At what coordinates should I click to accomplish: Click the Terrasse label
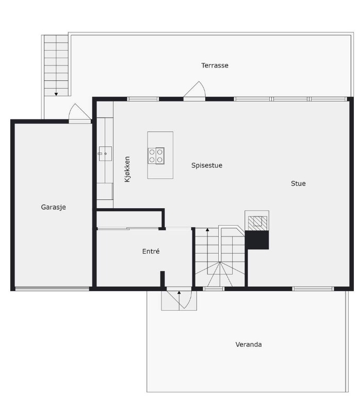(x=215, y=65)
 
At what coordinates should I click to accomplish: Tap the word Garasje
(x=54, y=207)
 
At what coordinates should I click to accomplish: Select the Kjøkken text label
(x=127, y=170)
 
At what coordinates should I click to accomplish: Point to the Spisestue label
(x=207, y=165)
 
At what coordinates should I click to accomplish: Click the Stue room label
(x=298, y=183)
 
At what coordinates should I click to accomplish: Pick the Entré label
(x=151, y=251)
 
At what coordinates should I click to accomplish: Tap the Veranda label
(x=249, y=344)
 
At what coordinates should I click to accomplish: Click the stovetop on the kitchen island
(x=156, y=156)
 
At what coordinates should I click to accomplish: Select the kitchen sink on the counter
(x=105, y=154)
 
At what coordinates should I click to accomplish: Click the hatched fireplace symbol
(x=257, y=223)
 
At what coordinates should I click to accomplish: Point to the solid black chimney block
(x=257, y=240)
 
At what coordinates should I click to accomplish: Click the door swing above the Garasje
(x=80, y=112)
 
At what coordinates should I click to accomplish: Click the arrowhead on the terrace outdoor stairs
(x=56, y=94)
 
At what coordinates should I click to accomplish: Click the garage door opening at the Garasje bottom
(x=52, y=289)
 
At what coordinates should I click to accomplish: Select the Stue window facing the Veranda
(x=313, y=289)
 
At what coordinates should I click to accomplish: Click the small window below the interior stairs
(x=214, y=289)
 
